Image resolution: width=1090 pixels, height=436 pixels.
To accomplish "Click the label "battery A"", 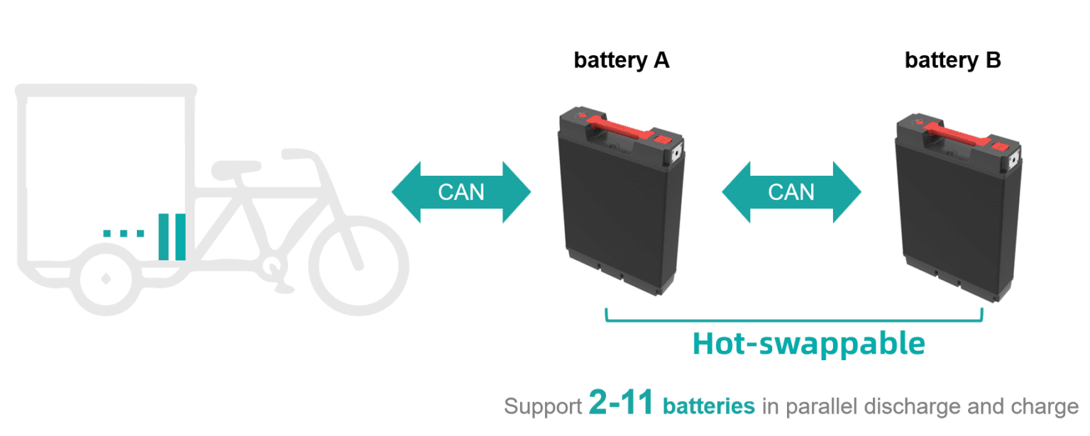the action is [622, 61].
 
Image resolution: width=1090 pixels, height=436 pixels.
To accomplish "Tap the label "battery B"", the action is [952, 61].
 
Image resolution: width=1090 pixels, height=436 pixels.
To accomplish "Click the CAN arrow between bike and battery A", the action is [461, 192].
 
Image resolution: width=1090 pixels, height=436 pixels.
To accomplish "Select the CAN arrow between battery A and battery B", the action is [791, 192].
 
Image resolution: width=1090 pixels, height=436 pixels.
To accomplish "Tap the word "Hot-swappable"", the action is [808, 344].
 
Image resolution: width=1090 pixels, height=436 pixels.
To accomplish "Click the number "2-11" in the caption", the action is [620, 403].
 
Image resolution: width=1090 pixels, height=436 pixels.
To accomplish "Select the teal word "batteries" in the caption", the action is [708, 406].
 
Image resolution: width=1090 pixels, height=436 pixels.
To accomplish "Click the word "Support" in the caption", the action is [543, 406].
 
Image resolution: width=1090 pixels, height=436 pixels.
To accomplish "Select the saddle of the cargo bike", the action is [236, 169].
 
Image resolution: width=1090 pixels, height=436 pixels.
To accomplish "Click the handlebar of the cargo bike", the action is [301, 155].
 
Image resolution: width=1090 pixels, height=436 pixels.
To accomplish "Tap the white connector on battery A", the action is [676, 154].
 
